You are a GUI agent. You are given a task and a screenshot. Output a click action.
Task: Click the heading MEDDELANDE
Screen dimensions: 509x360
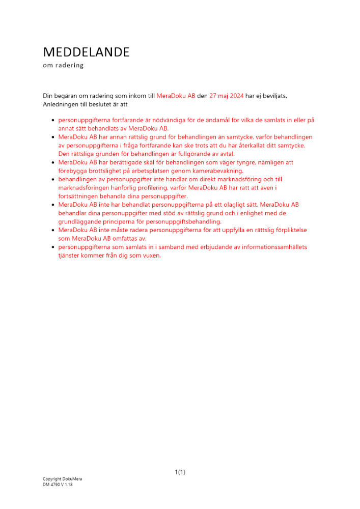pos(86,52)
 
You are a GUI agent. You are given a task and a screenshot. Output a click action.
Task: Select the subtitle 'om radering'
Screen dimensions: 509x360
pos(63,66)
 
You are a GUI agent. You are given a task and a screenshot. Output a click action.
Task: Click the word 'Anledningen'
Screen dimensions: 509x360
pos(61,104)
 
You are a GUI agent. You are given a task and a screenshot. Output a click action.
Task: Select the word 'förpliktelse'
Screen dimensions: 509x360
pos(291,230)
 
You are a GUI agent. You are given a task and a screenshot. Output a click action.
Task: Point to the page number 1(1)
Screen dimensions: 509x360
pos(180,472)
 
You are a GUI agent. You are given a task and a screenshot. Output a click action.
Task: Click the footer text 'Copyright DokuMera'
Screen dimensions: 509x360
pos(62,479)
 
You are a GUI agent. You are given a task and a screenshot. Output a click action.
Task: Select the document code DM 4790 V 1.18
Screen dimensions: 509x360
pos(58,485)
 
